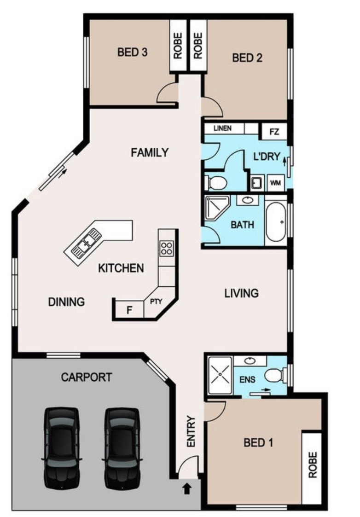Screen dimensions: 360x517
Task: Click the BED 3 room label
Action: (132, 52)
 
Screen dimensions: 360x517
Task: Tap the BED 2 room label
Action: (247, 58)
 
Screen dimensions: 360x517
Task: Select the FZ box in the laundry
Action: (274, 132)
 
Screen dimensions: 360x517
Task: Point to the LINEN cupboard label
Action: (222, 128)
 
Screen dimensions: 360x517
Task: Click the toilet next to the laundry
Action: (216, 182)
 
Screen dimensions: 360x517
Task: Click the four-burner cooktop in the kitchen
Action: (167, 248)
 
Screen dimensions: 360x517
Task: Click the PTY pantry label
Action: (156, 302)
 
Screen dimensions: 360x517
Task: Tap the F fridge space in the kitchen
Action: (129, 310)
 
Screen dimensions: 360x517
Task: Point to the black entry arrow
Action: (187, 488)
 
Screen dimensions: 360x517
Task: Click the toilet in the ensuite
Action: (275, 375)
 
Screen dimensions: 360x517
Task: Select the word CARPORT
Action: (87, 377)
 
